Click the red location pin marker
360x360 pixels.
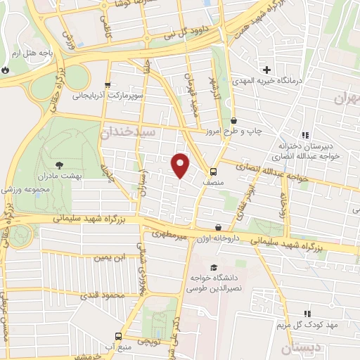point(181,165)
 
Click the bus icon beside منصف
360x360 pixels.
point(211,172)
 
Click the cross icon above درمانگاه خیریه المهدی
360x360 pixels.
point(266,70)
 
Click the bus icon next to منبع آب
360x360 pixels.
point(117,336)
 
